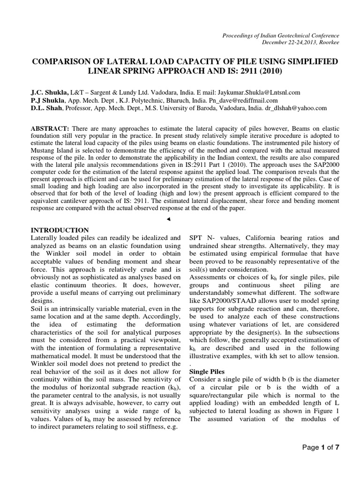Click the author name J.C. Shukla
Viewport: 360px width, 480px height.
pyautogui.click(x=50, y=93)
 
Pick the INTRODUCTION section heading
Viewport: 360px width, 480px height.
pyautogui.click(x=60, y=230)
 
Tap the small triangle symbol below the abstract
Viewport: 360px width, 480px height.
pyautogui.click(x=168, y=219)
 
